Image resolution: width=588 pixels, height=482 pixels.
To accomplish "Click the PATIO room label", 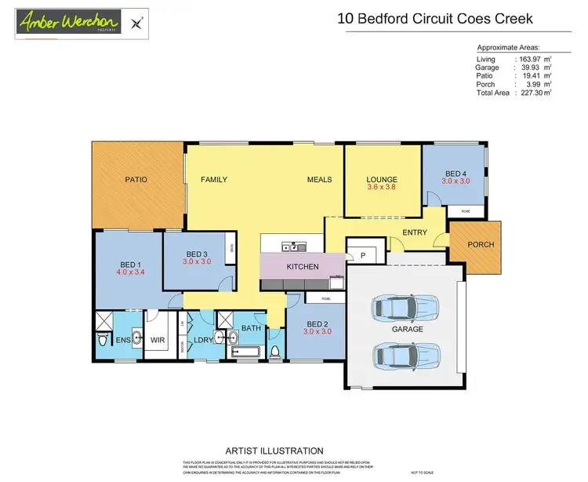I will click(x=136, y=180).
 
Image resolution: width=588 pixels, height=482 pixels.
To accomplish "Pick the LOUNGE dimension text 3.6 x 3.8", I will click(x=382, y=188).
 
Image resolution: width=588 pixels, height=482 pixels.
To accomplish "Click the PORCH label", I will click(x=481, y=244).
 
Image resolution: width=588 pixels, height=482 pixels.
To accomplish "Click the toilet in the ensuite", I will click(x=103, y=341).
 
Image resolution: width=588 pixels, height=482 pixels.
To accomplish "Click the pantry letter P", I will click(x=363, y=256).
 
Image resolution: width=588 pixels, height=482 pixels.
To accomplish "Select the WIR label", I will click(x=158, y=340).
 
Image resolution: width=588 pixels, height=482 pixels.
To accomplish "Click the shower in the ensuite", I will click(x=104, y=320).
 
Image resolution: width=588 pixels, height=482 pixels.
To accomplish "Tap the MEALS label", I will click(x=319, y=180).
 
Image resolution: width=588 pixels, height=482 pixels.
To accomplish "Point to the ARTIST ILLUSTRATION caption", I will click(x=274, y=451).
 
